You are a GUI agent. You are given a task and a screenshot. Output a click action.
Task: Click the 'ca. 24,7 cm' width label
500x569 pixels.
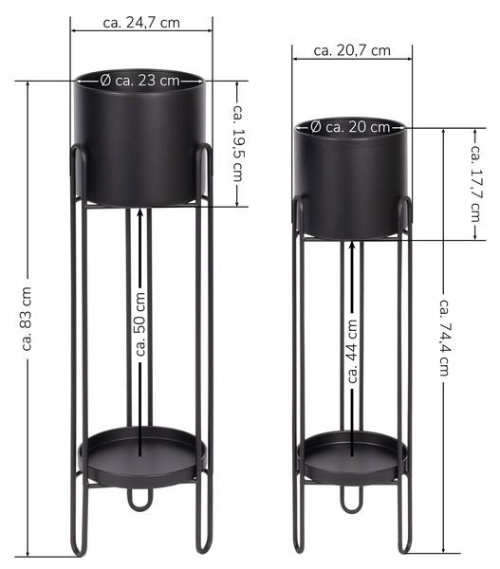click(141, 23)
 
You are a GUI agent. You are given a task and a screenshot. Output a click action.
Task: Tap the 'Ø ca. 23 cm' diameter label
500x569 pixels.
click(139, 81)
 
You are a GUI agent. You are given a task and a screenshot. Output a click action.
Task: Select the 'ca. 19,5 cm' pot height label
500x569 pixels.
click(238, 143)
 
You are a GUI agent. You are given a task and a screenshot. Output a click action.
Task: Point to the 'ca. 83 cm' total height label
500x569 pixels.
click(27, 319)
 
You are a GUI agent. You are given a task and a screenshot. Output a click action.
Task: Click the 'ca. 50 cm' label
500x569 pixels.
click(140, 324)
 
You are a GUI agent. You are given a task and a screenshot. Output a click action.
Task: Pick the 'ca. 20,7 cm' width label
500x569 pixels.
click(352, 50)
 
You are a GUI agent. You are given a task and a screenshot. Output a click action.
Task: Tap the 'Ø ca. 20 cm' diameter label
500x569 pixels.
click(350, 127)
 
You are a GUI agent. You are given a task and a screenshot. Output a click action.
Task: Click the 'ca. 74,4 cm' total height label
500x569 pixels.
click(445, 338)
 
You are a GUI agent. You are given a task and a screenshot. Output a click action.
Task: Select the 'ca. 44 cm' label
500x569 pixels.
click(352, 351)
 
